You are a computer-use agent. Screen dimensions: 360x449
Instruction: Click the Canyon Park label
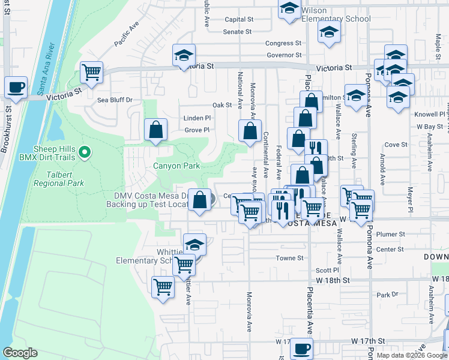176,166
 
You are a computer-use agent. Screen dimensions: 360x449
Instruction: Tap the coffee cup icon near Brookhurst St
16,88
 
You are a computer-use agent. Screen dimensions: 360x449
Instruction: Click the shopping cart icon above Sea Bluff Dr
92,73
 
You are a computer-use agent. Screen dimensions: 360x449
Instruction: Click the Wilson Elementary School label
336,19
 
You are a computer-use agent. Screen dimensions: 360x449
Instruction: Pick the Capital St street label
239,19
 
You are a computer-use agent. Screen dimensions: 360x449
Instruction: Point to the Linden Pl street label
197,118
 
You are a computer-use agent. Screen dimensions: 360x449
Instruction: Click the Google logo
20,353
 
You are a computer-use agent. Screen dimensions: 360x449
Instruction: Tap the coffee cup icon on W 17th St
301,349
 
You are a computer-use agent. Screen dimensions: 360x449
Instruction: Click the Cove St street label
396,145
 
